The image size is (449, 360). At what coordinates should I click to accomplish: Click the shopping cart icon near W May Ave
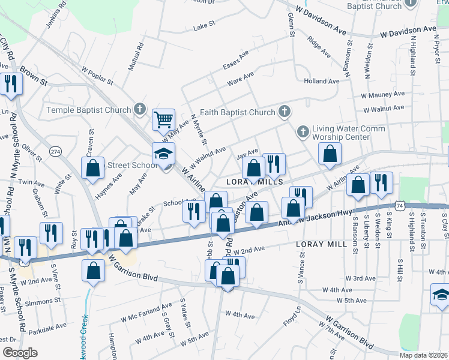[x=163, y=119]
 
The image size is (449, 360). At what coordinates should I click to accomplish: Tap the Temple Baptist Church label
[x=89, y=110]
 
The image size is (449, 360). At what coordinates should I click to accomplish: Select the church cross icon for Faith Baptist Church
[x=285, y=112]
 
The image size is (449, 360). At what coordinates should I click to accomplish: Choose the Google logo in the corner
[x=19, y=352]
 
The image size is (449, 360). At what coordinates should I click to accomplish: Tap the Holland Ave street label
[x=322, y=81]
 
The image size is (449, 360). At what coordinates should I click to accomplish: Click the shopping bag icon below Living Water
[x=330, y=154]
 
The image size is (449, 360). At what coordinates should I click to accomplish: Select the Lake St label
[x=203, y=28]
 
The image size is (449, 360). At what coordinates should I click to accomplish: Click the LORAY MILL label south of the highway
[x=321, y=244]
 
